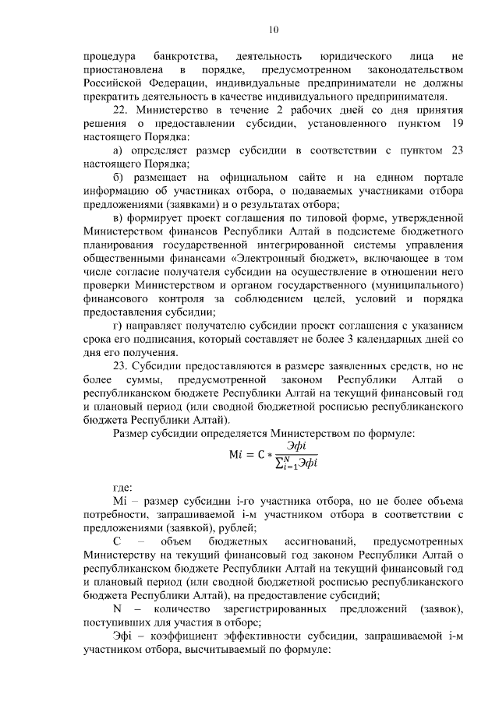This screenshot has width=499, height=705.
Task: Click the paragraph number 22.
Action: [x=122, y=111]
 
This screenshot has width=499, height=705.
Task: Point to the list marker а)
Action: [x=119, y=150]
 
